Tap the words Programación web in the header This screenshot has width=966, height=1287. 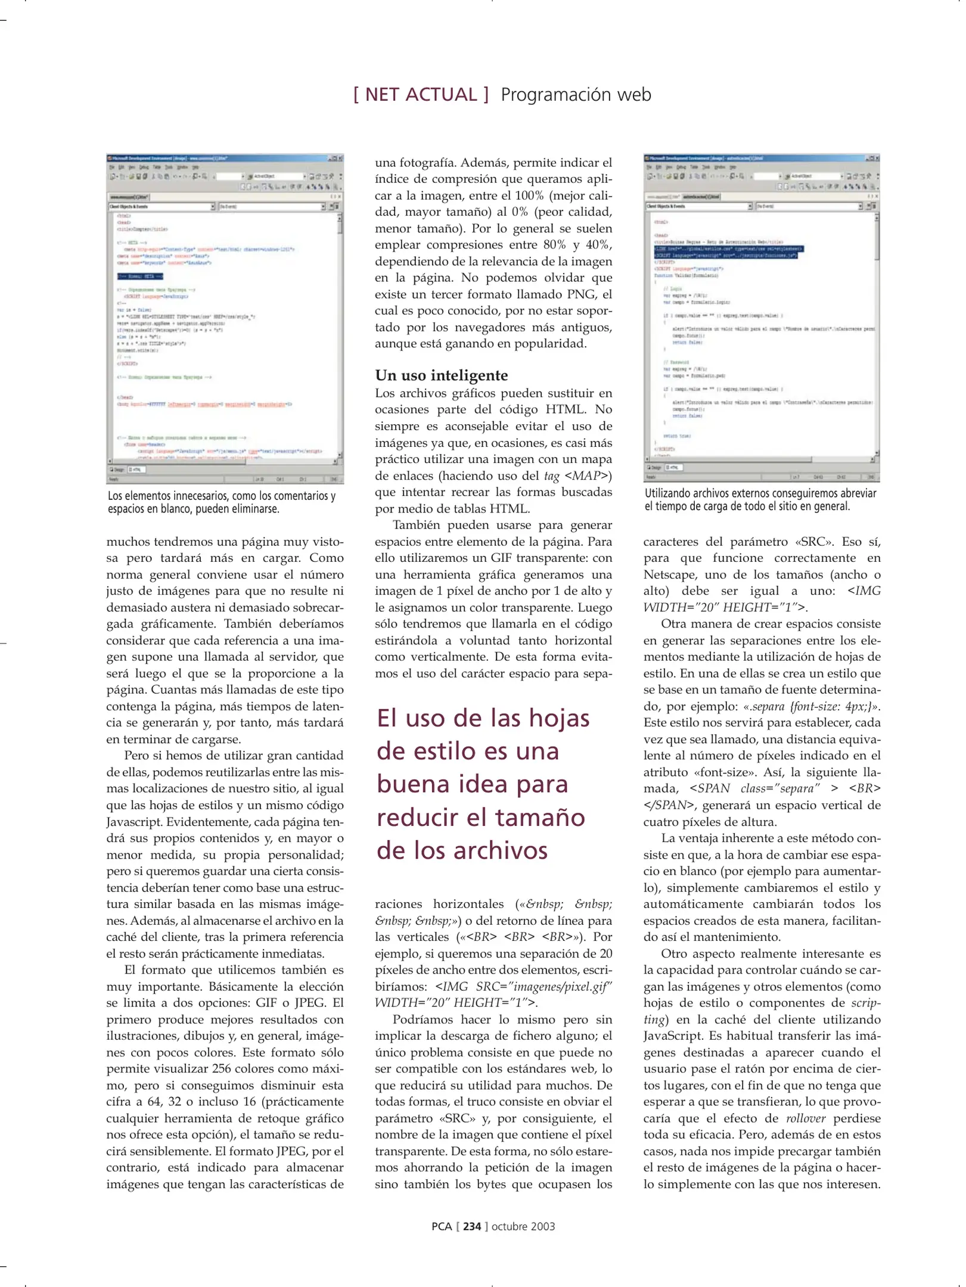576,95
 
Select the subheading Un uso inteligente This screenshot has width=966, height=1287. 442,375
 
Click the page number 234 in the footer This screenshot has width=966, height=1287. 472,1226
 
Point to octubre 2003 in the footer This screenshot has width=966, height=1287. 523,1226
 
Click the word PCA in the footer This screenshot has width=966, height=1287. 442,1226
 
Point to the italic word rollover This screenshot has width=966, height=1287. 806,1118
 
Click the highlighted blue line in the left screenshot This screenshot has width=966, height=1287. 140,276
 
